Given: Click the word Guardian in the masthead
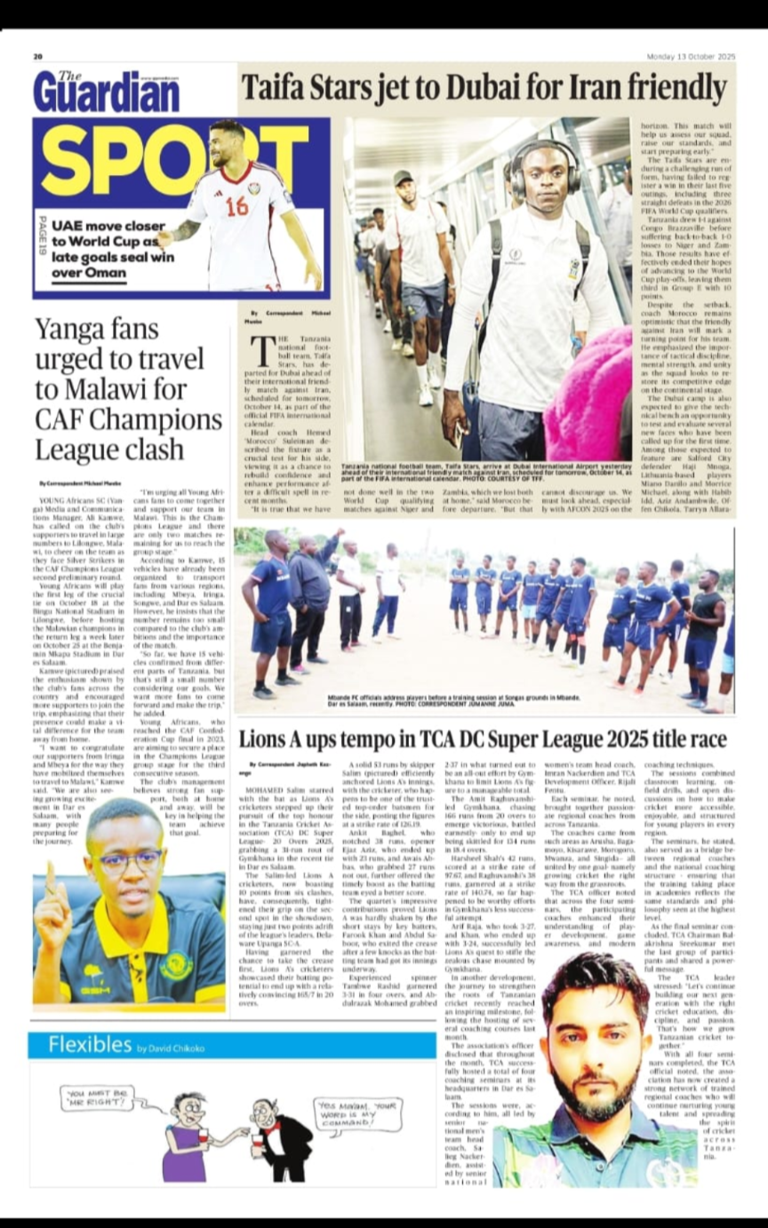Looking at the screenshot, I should pos(107,94).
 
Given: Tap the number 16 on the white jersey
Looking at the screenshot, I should pos(237,206).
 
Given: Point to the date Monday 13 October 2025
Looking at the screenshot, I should pos(691,56).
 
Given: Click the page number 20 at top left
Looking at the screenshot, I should pos(38,56).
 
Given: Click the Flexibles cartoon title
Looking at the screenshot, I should pos(90,1044).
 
